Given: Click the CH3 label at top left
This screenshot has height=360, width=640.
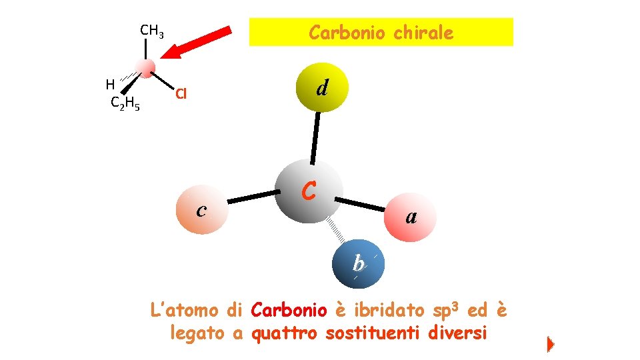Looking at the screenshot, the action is pyautogui.click(x=152, y=31).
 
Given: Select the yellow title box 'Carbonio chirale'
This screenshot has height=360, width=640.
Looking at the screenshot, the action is pyautogui.click(x=381, y=32).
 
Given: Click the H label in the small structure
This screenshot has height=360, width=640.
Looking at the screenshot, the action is pyautogui.click(x=110, y=84).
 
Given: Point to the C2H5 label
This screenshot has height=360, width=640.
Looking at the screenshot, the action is pyautogui.click(x=125, y=103).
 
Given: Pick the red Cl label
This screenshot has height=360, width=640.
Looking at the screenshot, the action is pyautogui.click(x=181, y=93).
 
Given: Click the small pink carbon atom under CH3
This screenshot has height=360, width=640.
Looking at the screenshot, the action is pyautogui.click(x=145, y=67).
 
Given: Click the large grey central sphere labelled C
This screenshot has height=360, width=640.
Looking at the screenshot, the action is pyautogui.click(x=309, y=190).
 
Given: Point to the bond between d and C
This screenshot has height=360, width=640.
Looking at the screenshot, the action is pyautogui.click(x=315, y=137).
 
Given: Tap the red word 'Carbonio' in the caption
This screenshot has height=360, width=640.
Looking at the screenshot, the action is pyautogui.click(x=289, y=310).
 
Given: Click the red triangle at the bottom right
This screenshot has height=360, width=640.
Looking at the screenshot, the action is pyautogui.click(x=550, y=345).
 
